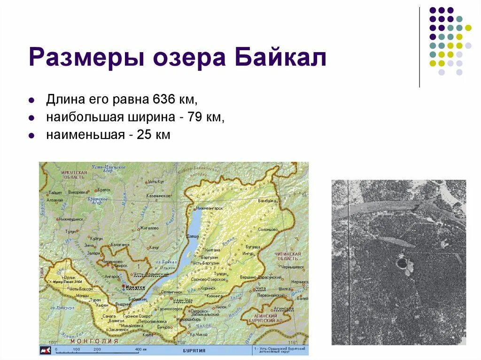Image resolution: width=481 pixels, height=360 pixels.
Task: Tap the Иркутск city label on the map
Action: pyautogui.click(x=135, y=286)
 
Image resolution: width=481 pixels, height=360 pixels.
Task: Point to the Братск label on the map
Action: pyautogui.click(x=104, y=190)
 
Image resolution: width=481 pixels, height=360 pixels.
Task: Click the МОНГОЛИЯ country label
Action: pyautogui.click(x=96, y=341)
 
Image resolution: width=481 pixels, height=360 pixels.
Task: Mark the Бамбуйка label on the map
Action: pyautogui.click(x=266, y=200)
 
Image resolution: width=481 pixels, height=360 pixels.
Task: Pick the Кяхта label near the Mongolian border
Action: pyautogui.click(x=148, y=335)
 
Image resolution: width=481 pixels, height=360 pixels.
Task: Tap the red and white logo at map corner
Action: pyautogui.click(x=46, y=350)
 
